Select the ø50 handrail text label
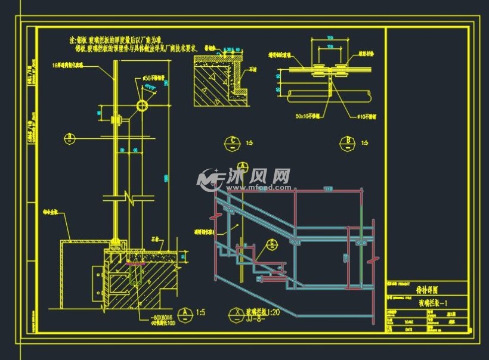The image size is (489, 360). (151, 78)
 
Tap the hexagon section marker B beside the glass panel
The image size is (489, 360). (70, 138)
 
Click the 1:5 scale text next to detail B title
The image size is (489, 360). (364, 143)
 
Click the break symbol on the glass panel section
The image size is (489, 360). (129, 195)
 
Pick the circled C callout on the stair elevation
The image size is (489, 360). (271, 243)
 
